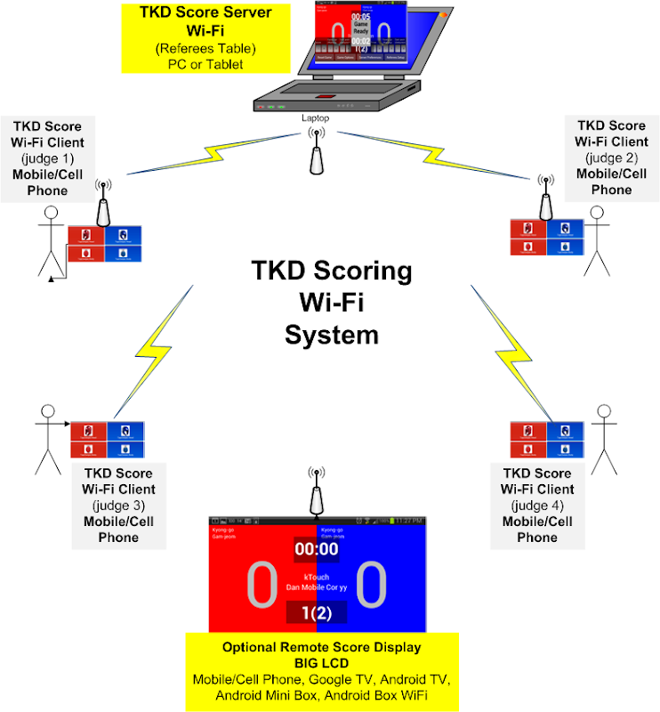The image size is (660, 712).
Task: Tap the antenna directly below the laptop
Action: coord(315,152)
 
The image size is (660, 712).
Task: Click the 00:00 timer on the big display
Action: coord(317,550)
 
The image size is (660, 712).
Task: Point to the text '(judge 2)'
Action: coord(611,158)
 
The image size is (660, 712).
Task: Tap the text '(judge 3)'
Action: coord(118,506)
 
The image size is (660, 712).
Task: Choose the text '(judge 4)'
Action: coord(537,506)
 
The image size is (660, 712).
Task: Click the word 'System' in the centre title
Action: coord(331,335)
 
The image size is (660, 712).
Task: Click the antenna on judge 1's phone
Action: coord(104,206)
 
